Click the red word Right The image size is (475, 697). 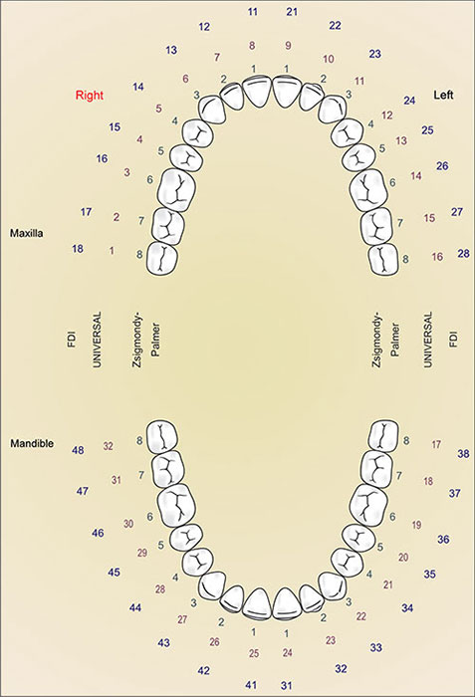(91, 96)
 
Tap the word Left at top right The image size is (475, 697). (445, 96)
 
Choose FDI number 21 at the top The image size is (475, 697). (292, 11)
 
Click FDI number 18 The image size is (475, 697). (78, 248)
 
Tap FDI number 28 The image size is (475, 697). (463, 254)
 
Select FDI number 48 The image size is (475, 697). (78, 451)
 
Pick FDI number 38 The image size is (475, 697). (463, 454)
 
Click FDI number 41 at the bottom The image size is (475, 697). (252, 684)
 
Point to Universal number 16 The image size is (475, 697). (436, 256)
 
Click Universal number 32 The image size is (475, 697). (109, 445)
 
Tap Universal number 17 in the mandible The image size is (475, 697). (436, 444)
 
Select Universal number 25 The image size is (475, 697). (254, 653)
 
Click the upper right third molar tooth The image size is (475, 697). (162, 259)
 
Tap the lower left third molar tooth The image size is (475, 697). (384, 434)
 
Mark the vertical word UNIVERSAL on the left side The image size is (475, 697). (98, 343)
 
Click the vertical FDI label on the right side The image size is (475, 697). (453, 342)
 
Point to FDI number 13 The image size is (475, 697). (171, 50)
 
